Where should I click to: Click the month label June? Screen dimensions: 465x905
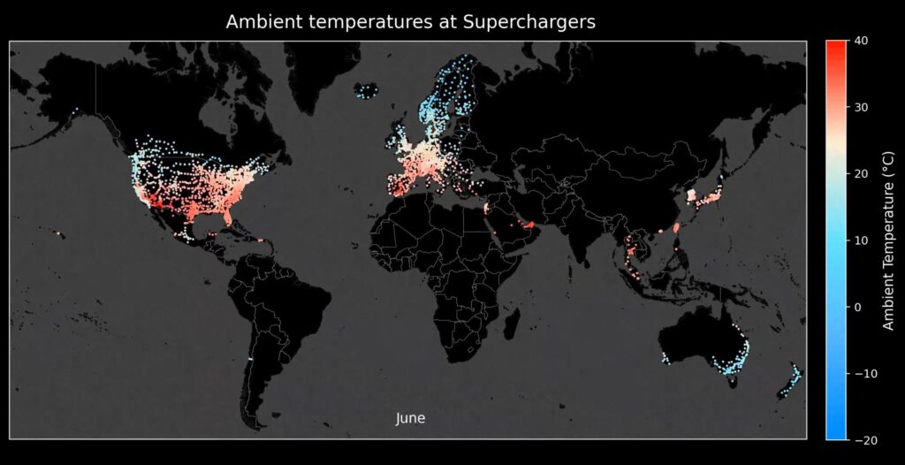(x=410, y=418)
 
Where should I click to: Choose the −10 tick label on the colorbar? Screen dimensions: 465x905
(x=863, y=373)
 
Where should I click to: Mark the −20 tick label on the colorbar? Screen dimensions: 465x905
(x=863, y=439)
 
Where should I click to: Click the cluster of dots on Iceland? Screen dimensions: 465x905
(x=366, y=90)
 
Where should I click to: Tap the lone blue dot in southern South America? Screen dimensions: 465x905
(x=251, y=360)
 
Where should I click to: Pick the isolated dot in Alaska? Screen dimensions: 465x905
(x=77, y=110)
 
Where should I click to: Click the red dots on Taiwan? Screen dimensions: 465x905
(x=676, y=227)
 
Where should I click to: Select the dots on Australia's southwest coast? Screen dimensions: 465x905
(x=665, y=358)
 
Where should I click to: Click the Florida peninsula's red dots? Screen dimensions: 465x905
(x=227, y=215)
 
